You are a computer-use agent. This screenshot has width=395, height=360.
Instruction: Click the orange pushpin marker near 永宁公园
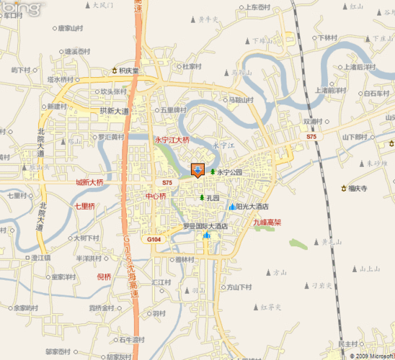(197, 170)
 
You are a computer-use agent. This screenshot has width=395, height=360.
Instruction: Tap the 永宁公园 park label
(229, 173)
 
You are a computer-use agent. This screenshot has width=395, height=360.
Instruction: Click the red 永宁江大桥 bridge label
(172, 140)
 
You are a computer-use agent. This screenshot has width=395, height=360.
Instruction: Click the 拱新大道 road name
(114, 111)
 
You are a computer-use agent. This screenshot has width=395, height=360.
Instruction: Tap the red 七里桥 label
(84, 206)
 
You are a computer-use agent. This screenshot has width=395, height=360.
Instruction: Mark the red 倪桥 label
(104, 276)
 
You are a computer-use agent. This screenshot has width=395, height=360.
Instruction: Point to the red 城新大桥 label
(89, 183)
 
